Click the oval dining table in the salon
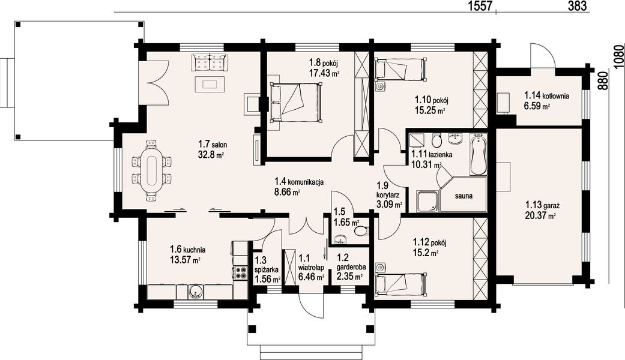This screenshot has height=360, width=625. [151, 170]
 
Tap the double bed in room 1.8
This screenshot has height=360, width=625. [295, 102]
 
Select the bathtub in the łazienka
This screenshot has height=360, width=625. [479, 155]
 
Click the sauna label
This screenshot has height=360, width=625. [464, 196]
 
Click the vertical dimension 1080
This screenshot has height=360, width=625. [619, 58]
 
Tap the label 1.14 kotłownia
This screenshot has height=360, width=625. [547, 95]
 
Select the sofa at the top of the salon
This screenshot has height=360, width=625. [210, 62]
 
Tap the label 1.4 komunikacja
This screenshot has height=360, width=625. [299, 182]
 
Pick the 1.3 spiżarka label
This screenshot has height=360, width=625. [267, 265]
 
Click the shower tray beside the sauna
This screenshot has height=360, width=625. [427, 202]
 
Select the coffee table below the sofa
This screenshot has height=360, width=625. [210, 84]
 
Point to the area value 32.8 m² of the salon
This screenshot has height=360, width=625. [211, 155]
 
